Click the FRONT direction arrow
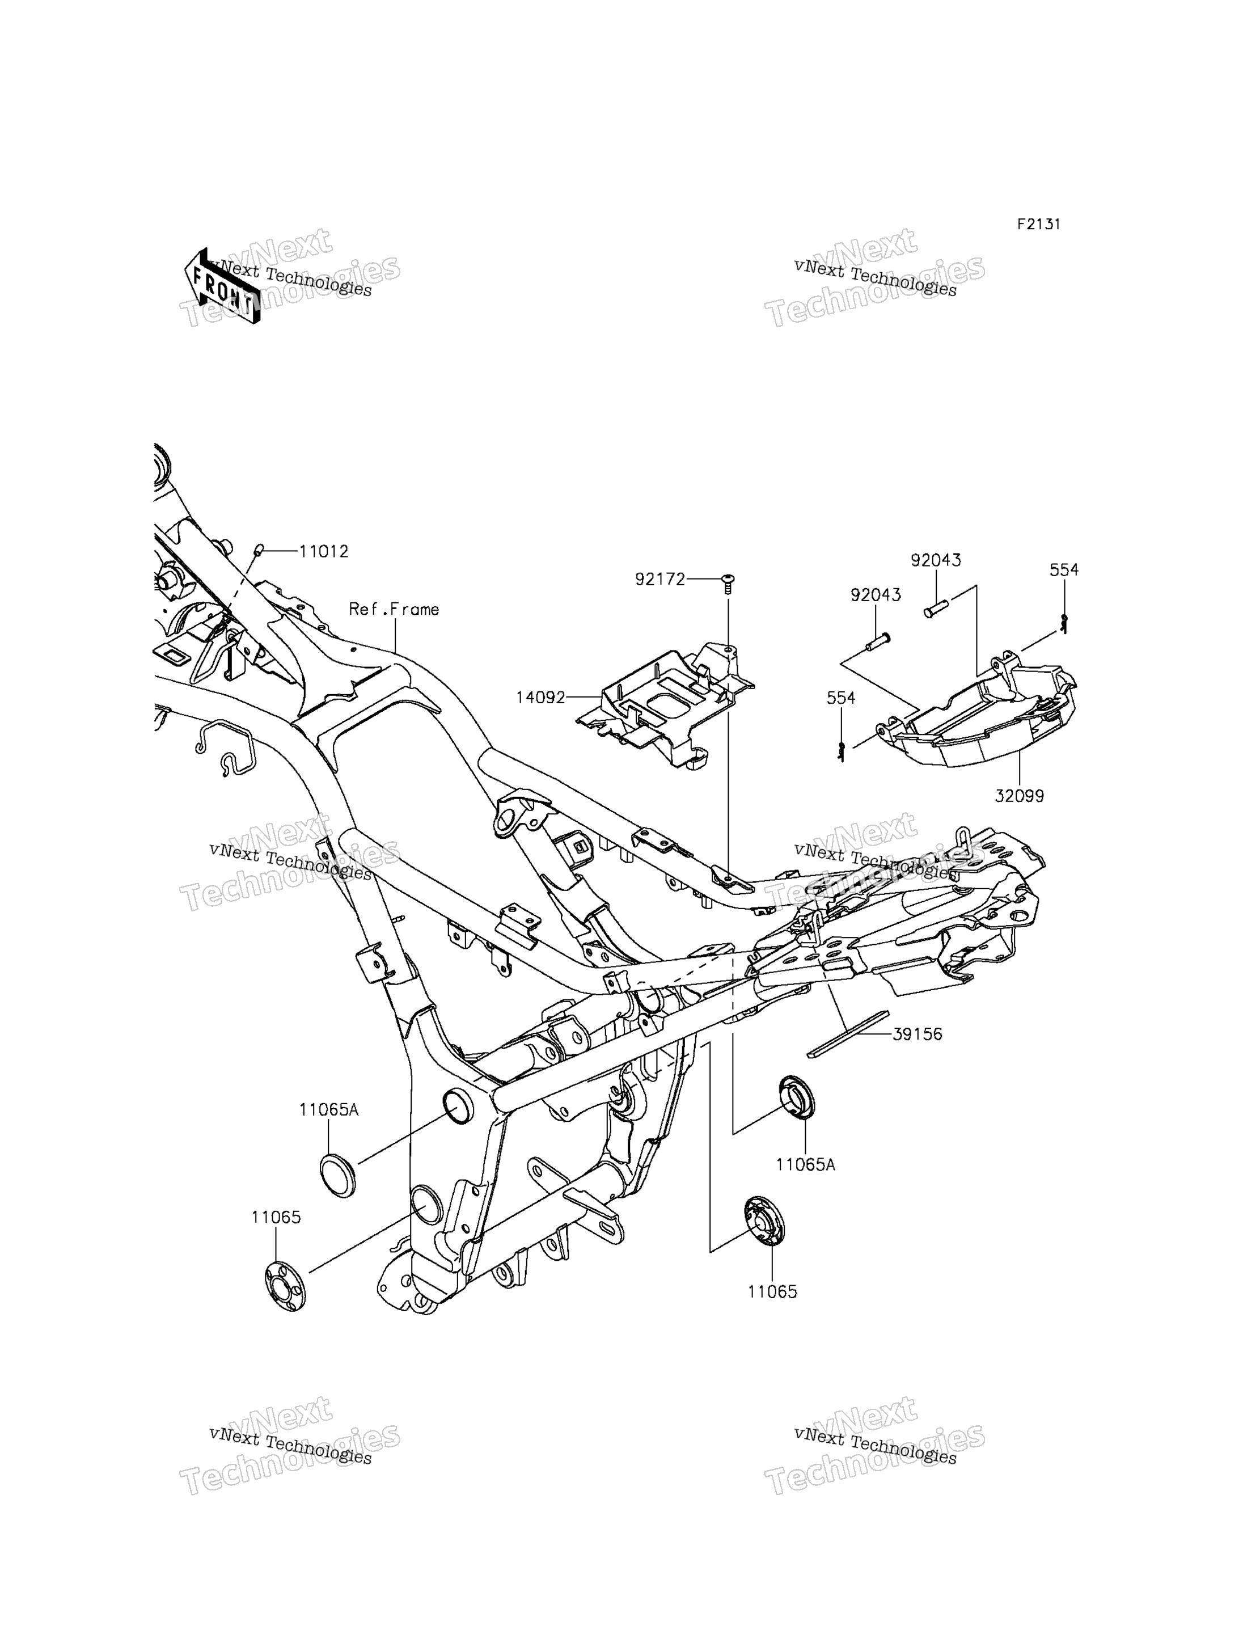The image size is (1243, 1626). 222,286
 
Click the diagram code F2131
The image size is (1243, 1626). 1038,224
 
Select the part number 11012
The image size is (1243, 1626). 323,551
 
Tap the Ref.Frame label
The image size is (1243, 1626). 394,609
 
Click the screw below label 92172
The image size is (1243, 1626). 728,585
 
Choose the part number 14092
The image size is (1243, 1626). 541,697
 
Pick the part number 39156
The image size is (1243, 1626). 918,1034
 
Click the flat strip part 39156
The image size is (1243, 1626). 847,1034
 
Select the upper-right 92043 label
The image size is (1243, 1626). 936,560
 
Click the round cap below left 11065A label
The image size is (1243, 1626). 337,1175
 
